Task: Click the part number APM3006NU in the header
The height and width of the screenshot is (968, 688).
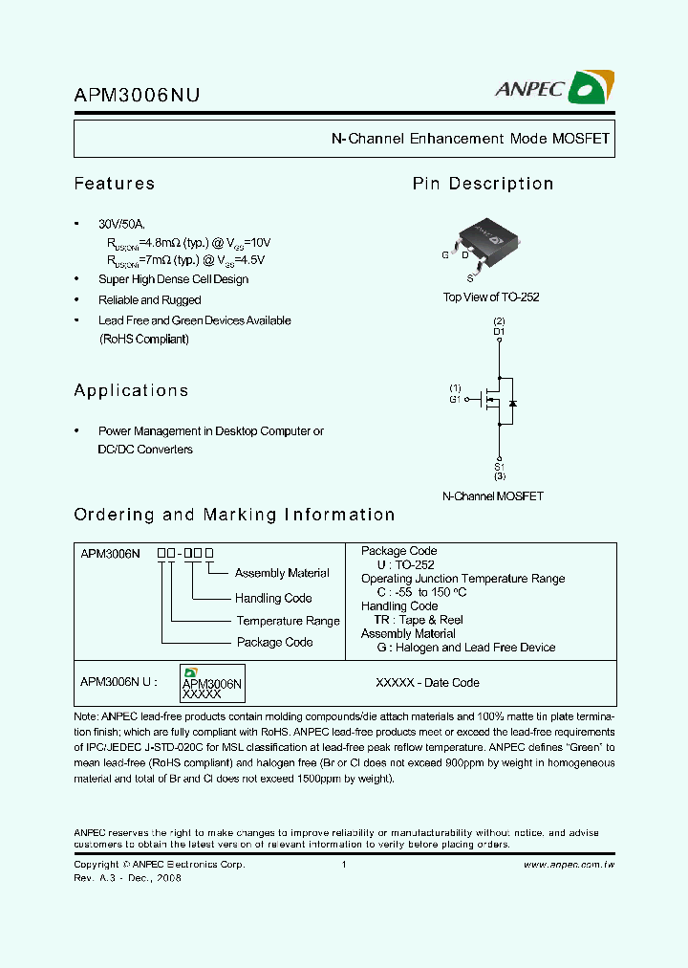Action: click(137, 95)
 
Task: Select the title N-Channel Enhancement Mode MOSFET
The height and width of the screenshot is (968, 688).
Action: click(470, 139)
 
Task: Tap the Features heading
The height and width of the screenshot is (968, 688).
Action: click(114, 184)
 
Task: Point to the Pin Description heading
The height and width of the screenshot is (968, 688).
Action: click(483, 184)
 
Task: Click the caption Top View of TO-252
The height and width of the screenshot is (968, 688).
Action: click(491, 297)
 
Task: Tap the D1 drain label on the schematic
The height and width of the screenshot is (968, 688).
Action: click(499, 331)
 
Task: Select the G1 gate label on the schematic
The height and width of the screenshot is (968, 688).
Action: click(455, 399)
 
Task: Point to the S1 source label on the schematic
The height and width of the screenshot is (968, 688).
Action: click(499, 466)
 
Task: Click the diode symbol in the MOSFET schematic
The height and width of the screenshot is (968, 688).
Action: click(512, 403)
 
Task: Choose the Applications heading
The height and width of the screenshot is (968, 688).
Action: click(131, 390)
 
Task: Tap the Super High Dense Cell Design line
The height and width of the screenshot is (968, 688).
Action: click(173, 279)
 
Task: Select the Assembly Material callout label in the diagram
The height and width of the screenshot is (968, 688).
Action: click(282, 573)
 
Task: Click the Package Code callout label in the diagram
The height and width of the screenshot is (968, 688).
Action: click(274, 642)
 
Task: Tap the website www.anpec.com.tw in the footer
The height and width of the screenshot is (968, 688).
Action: click(569, 864)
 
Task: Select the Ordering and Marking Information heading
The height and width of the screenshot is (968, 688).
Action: click(234, 515)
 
